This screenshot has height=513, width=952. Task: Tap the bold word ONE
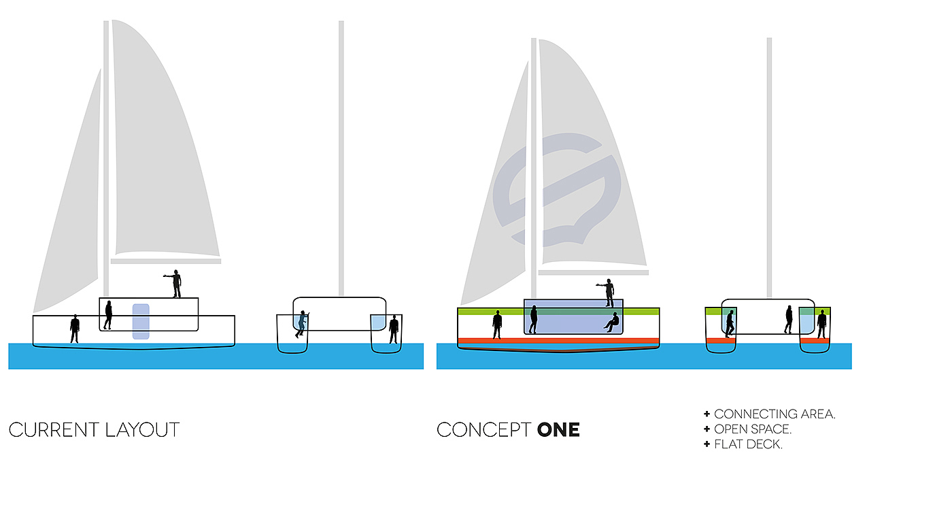(558, 430)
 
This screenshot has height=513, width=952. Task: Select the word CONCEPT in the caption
(483, 430)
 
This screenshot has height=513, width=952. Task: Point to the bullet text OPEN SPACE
(753, 429)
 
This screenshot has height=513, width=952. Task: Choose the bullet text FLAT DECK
(748, 445)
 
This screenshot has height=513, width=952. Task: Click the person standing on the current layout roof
(176, 284)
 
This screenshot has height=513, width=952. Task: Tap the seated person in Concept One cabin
(613, 322)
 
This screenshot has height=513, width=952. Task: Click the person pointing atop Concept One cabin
(609, 293)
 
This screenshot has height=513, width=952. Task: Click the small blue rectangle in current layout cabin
(141, 321)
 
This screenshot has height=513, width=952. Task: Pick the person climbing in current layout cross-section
(301, 324)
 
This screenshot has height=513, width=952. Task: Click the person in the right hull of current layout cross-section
(394, 329)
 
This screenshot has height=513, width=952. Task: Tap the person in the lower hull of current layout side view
(75, 329)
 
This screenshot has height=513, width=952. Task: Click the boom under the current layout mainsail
(166, 261)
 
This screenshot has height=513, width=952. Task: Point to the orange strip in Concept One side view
(558, 341)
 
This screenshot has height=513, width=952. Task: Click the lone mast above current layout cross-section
(341, 156)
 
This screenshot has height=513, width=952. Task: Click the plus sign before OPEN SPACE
(707, 429)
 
